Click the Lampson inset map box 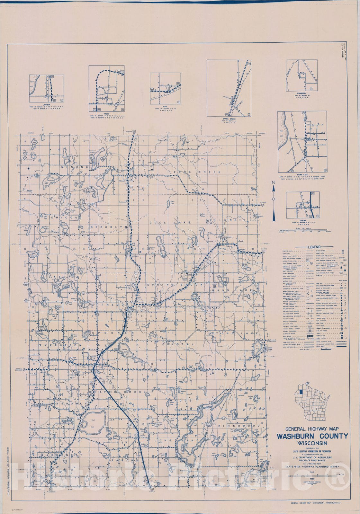(x=46, y=89)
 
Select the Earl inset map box (x=165, y=88)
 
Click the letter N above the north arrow (x=274, y=182)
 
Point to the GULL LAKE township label (x=170, y=222)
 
